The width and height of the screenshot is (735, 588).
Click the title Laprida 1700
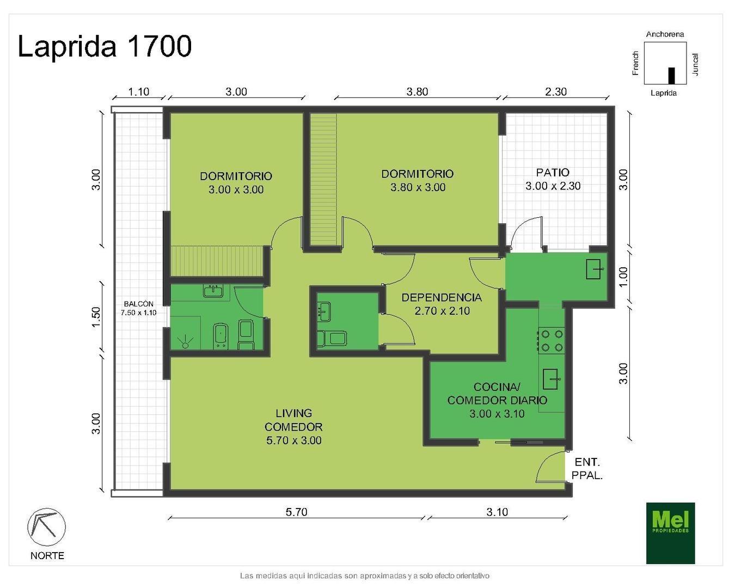pyautogui.click(x=105, y=46)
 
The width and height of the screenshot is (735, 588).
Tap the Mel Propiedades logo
pyautogui.click(x=670, y=533)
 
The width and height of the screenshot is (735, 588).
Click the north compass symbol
pyautogui.click(x=46, y=526)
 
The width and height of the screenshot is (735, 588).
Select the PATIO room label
pyautogui.click(x=553, y=179)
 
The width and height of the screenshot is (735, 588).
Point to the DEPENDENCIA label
pyautogui.click(x=441, y=304)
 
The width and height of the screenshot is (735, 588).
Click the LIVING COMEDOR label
pyautogui.click(x=293, y=426)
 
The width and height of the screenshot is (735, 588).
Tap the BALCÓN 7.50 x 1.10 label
pyautogui.click(x=138, y=308)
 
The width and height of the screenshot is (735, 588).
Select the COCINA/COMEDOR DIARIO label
pyautogui.click(x=497, y=400)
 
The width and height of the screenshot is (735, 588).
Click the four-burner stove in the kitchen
pyautogui.click(x=552, y=341)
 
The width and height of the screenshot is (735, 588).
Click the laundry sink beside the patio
pyautogui.click(x=594, y=269)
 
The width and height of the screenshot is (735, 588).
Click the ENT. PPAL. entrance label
pyautogui.click(x=587, y=469)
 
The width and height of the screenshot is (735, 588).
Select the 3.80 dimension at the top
pyautogui.click(x=417, y=91)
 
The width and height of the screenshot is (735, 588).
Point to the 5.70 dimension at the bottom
pyautogui.click(x=296, y=512)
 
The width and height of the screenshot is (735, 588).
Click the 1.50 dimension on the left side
pyautogui.click(x=96, y=317)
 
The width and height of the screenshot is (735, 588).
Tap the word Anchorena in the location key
pyautogui.click(x=665, y=34)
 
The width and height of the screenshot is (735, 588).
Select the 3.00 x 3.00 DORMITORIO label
pyautogui.click(x=236, y=182)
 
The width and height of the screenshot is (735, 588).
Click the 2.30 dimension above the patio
pyautogui.click(x=555, y=91)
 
